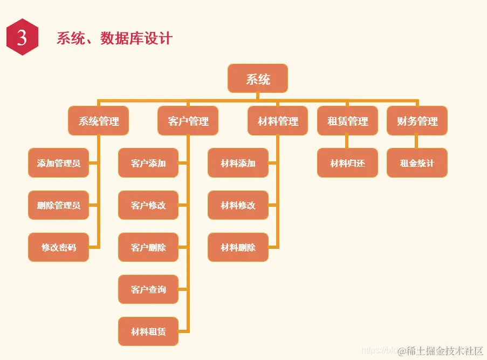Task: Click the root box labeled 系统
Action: [x=257, y=79]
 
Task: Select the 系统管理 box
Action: [x=99, y=121]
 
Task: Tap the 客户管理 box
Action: [x=188, y=121]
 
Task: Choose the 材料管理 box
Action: [x=278, y=121]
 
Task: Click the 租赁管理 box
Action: [x=347, y=121]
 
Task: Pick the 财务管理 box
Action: [x=417, y=121]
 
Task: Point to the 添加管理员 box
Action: [x=58, y=163]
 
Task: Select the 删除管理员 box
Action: [x=58, y=205]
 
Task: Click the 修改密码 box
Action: [x=58, y=247]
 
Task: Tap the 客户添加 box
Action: [x=148, y=163]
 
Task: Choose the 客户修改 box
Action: [x=148, y=205]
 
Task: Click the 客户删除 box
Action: [x=148, y=247]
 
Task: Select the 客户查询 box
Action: [x=148, y=289]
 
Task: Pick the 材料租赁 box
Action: [x=148, y=331]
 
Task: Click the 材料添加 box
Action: [x=238, y=163]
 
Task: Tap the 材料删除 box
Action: [x=238, y=247]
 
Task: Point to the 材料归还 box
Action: [x=347, y=163]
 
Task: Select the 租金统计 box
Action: [x=417, y=163]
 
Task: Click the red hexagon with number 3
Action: [x=22, y=38]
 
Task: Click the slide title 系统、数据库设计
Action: [x=114, y=38]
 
